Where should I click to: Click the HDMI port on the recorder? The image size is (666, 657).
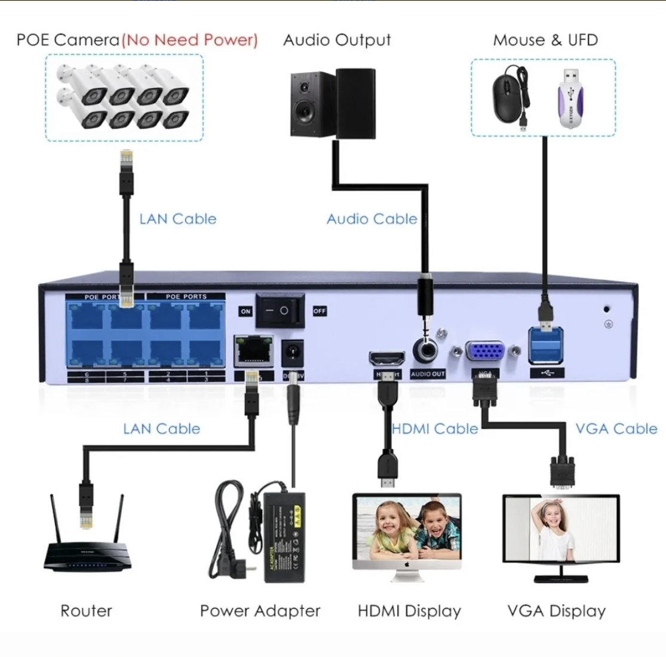coord(386,359)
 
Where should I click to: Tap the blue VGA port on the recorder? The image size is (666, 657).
coord(484,351)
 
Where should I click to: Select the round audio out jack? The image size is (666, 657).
coord(427,350)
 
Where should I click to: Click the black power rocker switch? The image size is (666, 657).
coord(280,310)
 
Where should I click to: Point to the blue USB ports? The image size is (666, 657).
coord(546,346)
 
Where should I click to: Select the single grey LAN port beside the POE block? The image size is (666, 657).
coord(254,351)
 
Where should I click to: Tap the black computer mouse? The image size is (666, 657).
coord(508,95)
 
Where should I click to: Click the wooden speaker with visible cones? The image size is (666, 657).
coord(312,104)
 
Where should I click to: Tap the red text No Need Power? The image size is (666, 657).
coord(190,40)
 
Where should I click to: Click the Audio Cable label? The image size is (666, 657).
coord(372,219)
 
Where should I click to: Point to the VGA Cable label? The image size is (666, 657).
coord(616,428)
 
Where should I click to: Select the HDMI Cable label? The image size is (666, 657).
coord(435,428)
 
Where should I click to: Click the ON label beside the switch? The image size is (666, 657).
coord(245,311)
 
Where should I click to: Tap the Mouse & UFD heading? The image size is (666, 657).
coord(545,40)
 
